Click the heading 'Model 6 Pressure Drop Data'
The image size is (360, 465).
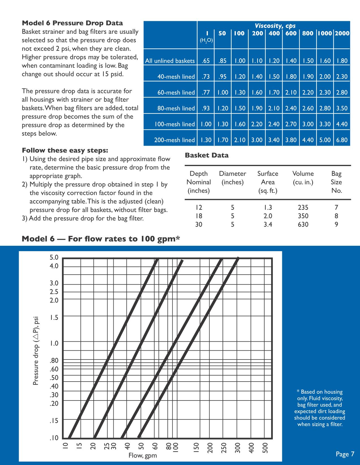click(72, 23)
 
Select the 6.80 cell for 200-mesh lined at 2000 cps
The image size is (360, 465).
click(342, 140)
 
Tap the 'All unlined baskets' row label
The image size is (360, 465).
click(170, 61)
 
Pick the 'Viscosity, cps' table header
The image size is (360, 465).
click(275, 26)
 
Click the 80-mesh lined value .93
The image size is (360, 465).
click(206, 108)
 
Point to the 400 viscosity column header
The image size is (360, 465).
click(274, 33)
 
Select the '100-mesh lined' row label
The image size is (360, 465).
click(174, 124)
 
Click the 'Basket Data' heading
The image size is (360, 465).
click(206, 155)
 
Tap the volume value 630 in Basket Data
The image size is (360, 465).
click(303, 225)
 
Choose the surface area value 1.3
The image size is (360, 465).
click(268, 208)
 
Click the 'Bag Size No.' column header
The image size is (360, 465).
click(336, 182)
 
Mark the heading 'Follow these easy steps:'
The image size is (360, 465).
click(65, 150)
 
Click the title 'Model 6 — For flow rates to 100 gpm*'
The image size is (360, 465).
click(101, 239)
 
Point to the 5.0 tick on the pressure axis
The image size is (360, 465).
click(54, 257)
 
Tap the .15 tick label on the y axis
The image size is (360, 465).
click(54, 421)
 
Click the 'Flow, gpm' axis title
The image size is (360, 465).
click(143, 456)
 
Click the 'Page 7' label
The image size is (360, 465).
click(345, 454)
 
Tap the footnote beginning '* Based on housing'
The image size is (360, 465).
click(320, 408)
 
